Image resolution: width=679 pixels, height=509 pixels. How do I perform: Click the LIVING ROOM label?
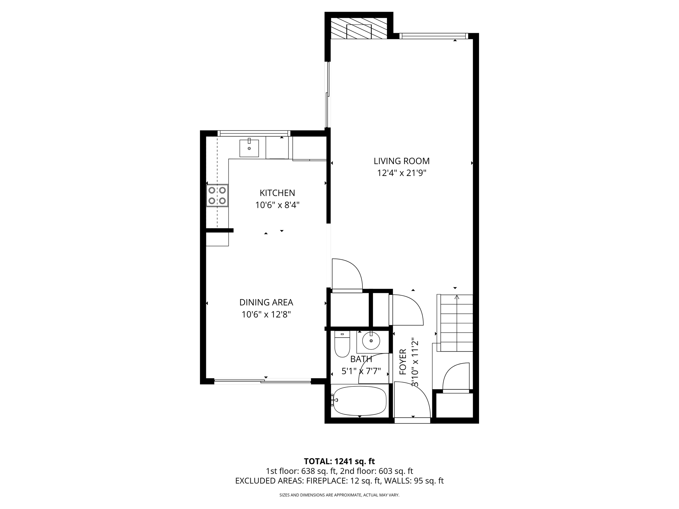401,161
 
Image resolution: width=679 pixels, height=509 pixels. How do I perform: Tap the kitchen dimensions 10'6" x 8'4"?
277,205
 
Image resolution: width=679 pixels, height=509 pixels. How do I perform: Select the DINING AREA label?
266,302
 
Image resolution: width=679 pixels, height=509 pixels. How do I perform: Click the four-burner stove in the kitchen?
217,196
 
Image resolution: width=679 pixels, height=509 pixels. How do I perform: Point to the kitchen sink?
249,148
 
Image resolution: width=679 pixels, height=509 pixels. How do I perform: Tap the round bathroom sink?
371,341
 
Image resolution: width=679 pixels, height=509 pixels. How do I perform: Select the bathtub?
360,401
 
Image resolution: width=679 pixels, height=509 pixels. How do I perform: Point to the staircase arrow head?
457,297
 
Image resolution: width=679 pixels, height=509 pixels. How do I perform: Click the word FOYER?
403,362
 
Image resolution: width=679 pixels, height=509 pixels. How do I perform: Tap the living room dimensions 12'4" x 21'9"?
401,173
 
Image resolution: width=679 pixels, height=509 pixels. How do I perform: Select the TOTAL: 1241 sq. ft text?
339,461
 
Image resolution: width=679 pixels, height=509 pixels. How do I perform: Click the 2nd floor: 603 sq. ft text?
377,471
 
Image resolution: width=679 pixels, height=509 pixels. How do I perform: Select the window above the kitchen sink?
254,133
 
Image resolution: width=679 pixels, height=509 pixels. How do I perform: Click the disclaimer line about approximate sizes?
339,495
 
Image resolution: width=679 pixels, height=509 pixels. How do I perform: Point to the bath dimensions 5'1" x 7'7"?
361,371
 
